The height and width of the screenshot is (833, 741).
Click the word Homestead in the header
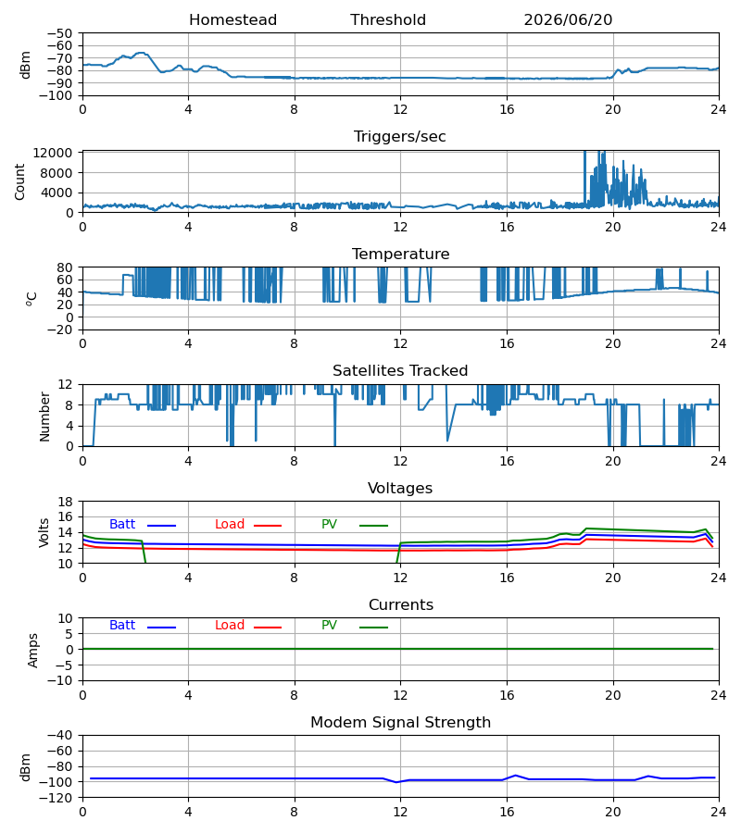tap(232, 20)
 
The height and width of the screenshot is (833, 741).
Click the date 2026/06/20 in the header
tap(568, 20)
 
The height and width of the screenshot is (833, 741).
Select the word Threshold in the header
tap(388, 20)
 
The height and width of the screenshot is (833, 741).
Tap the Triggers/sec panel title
tap(400, 137)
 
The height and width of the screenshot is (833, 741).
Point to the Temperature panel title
tap(400, 254)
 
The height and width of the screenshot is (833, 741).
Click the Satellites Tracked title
tap(400, 371)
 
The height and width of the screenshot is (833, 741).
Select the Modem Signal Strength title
tap(400, 723)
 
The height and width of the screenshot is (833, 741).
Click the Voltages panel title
tap(400, 488)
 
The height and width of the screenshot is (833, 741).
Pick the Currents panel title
tap(401, 605)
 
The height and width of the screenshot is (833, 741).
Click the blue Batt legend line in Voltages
tap(161, 526)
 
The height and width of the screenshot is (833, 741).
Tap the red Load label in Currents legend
tap(230, 626)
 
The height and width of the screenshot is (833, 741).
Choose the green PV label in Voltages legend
tap(329, 525)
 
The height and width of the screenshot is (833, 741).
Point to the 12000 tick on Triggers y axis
tap(53, 153)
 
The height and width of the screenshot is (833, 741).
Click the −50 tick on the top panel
tap(59, 33)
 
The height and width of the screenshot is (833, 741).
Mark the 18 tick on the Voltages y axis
tap(66, 502)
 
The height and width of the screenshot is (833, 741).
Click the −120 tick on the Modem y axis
tap(57, 798)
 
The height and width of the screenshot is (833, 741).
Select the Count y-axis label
tap(20, 181)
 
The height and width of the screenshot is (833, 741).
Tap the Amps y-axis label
tap(33, 650)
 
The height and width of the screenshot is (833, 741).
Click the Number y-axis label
tap(44, 416)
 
